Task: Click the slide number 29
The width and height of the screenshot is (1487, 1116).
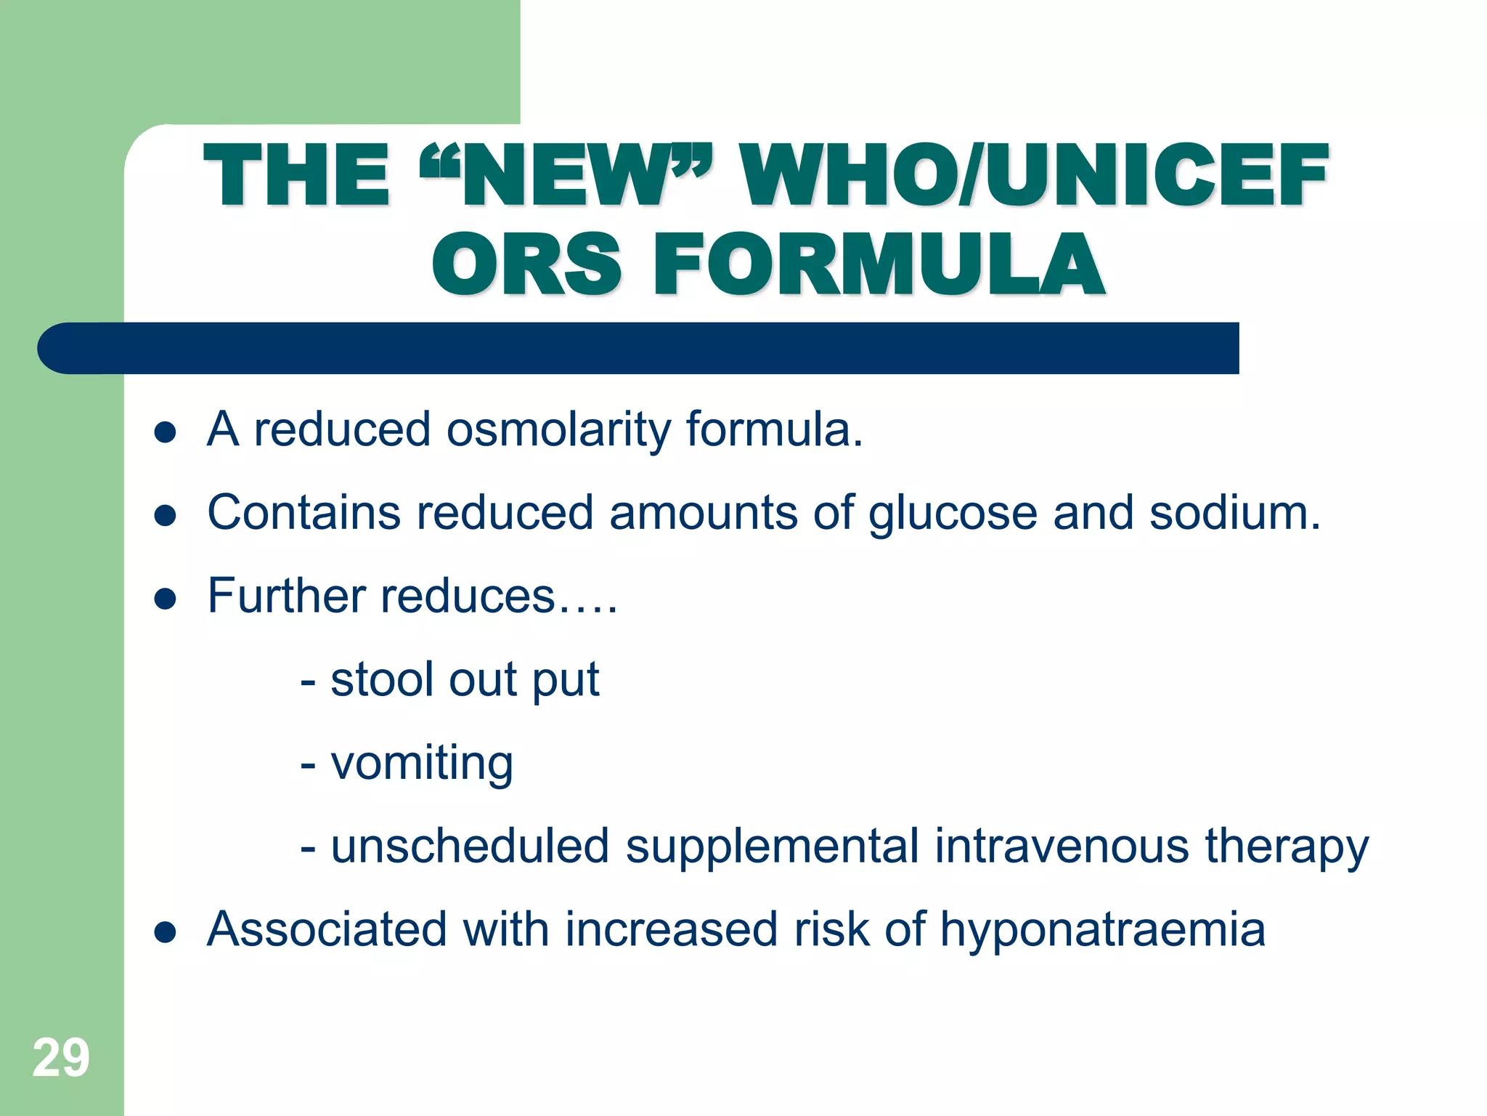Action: [61, 1058]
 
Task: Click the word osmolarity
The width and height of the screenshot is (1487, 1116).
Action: [558, 430]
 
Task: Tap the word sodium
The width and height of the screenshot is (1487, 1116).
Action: [1234, 513]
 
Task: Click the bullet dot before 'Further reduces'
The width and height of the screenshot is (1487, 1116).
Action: [166, 599]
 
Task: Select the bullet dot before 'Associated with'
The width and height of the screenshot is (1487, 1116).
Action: [166, 933]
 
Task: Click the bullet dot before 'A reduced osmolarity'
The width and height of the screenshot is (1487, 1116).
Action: [166, 433]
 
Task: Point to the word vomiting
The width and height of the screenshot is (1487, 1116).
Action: [422, 764]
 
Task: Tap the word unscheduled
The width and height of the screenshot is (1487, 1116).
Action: [470, 846]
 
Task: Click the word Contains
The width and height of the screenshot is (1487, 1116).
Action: [303, 513]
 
